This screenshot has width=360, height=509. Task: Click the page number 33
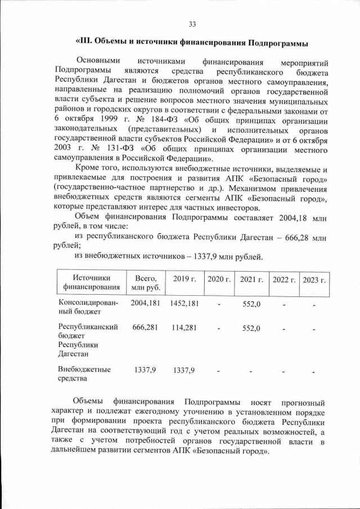click(x=192, y=24)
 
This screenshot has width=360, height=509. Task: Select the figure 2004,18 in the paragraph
click(x=289, y=218)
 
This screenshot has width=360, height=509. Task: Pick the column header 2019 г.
click(x=184, y=280)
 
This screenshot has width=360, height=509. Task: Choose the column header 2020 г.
click(x=219, y=280)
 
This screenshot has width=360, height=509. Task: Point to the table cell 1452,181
click(x=184, y=303)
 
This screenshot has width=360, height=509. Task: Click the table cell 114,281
click(x=184, y=327)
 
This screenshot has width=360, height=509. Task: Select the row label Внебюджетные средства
click(x=84, y=374)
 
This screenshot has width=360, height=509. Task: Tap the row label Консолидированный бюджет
click(x=88, y=307)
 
